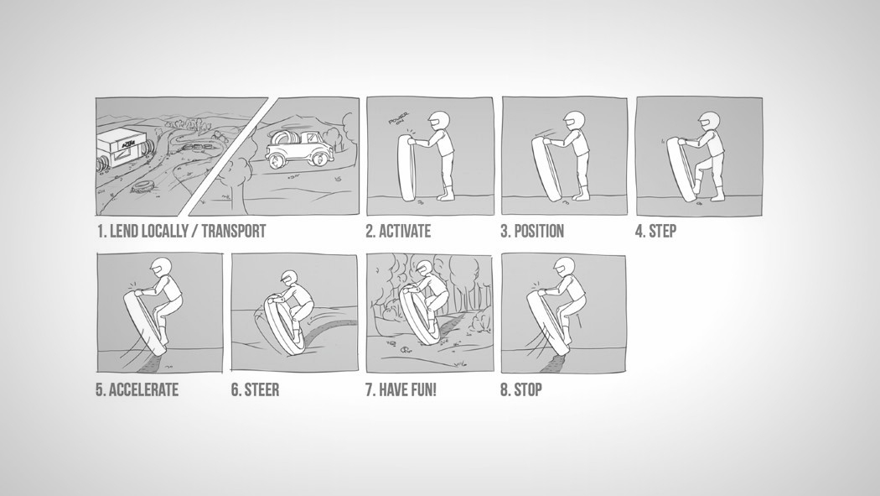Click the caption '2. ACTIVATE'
click(x=398, y=232)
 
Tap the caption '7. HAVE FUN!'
click(x=401, y=390)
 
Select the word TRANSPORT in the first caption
click(x=234, y=232)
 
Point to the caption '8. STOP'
click(x=521, y=390)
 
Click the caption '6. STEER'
click(x=256, y=390)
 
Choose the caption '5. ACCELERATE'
click(x=137, y=390)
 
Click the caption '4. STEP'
click(x=655, y=232)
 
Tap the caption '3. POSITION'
click(x=532, y=232)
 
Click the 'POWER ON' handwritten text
click(x=399, y=120)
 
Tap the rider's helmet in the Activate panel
click(x=439, y=121)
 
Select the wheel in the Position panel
click(x=546, y=170)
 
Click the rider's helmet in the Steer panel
click(x=289, y=278)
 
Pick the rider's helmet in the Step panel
click(x=708, y=122)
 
